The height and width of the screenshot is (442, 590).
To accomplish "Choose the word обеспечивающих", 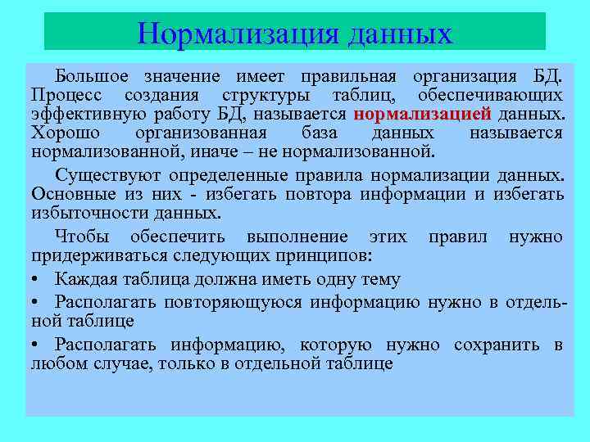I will click(x=496, y=95).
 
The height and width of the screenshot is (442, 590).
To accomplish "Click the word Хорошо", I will click(x=60, y=133).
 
